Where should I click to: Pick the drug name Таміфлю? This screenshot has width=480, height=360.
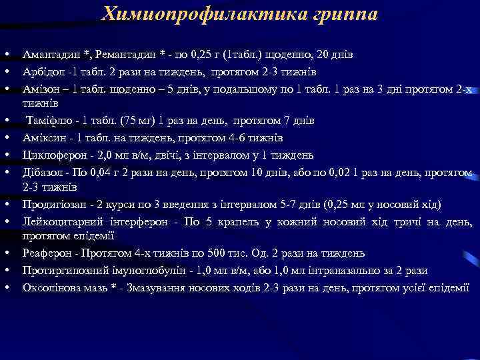pos(47,121)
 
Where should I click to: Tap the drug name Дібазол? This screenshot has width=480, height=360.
pos(42,173)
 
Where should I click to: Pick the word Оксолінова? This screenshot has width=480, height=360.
pos(51,287)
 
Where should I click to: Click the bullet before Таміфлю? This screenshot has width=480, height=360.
pos(6,121)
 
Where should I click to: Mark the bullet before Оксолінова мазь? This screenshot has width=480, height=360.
pos(6,287)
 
